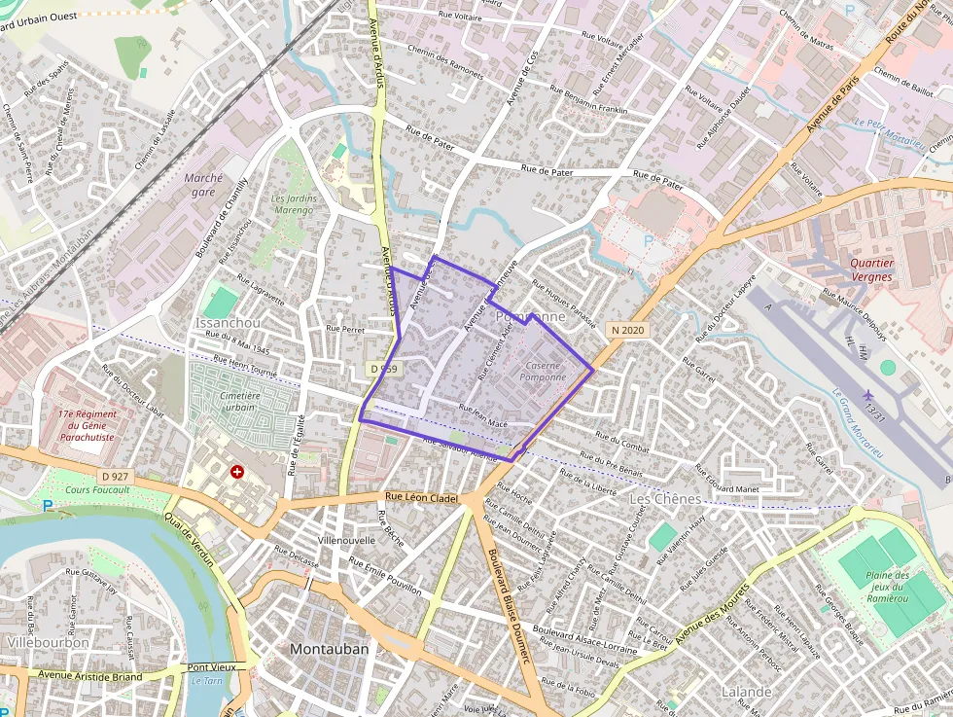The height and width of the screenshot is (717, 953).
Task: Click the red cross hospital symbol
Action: click(236, 472)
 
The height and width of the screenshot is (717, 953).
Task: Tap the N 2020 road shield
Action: click(627, 331)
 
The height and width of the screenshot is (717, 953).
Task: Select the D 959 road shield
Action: click(385, 369)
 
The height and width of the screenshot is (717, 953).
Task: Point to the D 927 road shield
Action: click(115, 476)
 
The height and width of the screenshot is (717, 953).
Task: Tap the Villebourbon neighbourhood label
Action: click(48, 642)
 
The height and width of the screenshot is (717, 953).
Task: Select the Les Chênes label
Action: click(665, 499)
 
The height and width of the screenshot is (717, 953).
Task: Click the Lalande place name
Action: click(746, 692)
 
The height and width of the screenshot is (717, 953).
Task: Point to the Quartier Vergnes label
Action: click(870, 269)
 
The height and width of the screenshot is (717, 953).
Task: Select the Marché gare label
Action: click(203, 185)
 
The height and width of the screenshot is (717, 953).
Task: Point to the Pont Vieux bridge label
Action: click(211, 667)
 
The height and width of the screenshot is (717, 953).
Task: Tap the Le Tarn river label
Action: click(206, 681)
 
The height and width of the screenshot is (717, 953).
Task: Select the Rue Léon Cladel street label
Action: click(416, 498)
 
